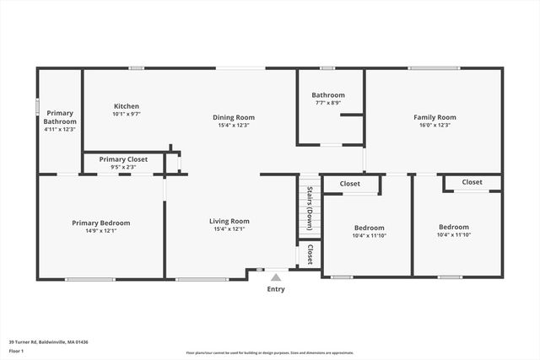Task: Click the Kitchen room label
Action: click(127, 106)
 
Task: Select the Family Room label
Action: click(434, 117)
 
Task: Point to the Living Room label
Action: click(229, 221)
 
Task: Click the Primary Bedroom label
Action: click(100, 223)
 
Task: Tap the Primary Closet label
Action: click(123, 159)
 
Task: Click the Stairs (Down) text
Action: click(310, 207)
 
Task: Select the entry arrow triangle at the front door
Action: click(275, 276)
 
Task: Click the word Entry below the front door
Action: click(276, 289)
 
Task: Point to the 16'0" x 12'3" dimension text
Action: click(434, 125)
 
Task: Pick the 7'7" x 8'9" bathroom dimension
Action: click(328, 103)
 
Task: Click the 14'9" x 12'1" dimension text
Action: click(100, 230)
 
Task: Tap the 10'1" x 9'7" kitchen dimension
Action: click(127, 114)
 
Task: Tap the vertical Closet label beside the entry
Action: click(310, 255)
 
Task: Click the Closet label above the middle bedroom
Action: click(349, 184)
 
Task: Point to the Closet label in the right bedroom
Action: click(472, 181)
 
